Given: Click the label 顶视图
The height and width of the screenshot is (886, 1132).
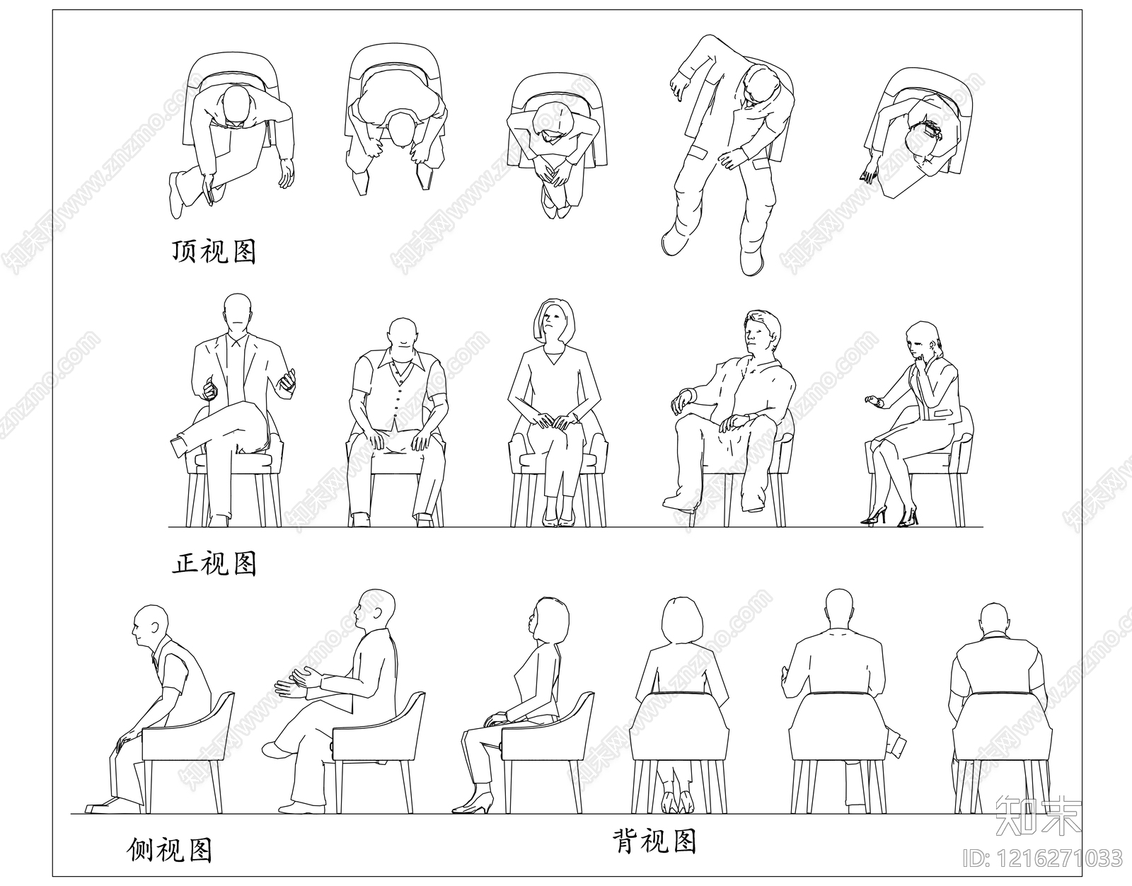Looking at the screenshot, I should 214,251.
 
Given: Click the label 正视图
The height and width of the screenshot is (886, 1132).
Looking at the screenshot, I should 214,563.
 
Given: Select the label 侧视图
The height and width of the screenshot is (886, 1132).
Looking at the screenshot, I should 170,849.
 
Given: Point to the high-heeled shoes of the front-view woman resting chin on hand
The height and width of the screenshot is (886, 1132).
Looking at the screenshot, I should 890,517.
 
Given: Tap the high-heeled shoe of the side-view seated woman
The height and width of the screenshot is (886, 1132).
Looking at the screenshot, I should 473,803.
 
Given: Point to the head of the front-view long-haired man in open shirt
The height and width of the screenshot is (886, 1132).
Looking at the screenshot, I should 761,332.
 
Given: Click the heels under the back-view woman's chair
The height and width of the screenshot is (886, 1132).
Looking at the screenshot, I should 676,802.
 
